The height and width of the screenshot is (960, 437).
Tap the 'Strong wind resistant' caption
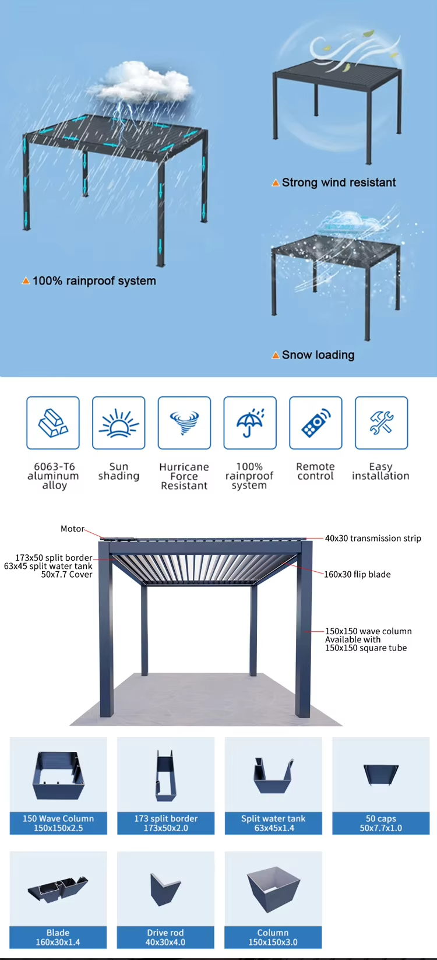tap(338, 182)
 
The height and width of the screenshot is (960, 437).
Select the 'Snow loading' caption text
tap(318, 355)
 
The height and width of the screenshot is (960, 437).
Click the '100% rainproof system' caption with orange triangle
tap(93, 281)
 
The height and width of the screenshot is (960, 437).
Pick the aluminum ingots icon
tap(53, 423)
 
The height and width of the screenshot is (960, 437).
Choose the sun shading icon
tap(118, 423)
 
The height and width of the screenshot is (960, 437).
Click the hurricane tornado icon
tap(184, 423)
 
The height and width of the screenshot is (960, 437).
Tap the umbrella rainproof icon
tap(250, 423)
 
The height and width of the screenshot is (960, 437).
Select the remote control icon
tap(315, 423)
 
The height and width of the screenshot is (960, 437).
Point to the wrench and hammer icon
tap(381, 423)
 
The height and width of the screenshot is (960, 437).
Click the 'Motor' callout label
tap(72, 529)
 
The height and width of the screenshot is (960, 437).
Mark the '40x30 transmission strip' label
tap(373, 538)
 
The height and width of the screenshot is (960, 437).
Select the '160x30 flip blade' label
tap(357, 574)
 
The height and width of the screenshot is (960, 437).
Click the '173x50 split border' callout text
tap(54, 558)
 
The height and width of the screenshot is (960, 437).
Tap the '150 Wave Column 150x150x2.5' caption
tap(58, 823)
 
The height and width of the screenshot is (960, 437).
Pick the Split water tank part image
tap(273, 775)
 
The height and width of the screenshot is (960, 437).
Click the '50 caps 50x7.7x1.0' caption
tap(380, 823)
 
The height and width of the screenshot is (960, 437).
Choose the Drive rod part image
tap(165, 889)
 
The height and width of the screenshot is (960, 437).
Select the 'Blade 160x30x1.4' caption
tap(58, 937)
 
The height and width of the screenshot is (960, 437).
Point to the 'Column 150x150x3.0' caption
tap(273, 937)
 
